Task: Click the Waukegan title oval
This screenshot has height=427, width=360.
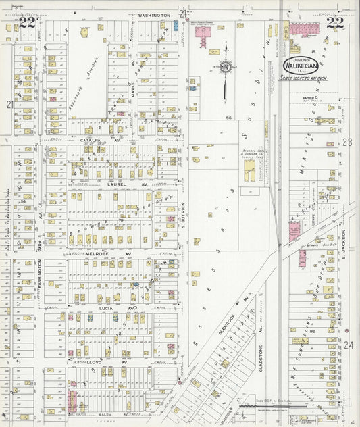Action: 301,66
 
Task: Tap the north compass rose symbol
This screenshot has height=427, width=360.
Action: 224,66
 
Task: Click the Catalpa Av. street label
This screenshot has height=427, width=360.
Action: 90,140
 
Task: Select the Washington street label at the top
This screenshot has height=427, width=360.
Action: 154,14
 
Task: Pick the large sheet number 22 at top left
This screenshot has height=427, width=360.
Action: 27,22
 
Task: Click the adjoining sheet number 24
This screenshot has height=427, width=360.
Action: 348,345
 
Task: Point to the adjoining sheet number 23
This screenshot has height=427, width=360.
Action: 348,142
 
